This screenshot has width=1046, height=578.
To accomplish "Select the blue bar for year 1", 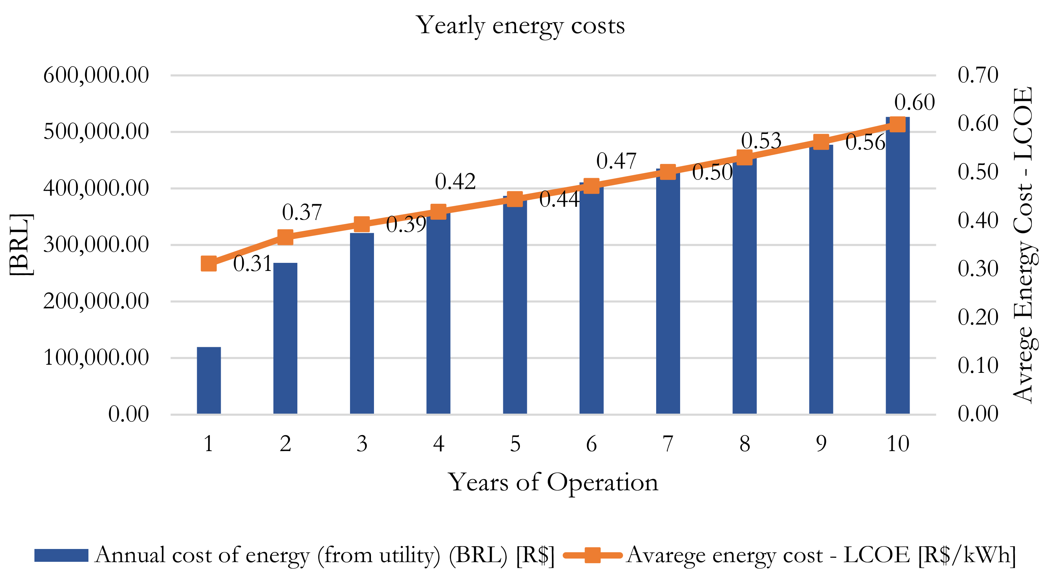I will (x=209, y=380).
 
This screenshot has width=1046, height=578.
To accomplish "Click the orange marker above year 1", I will (x=209, y=264).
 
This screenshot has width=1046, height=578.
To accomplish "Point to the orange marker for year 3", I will (x=362, y=224).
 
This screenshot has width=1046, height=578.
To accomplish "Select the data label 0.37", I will (x=302, y=212).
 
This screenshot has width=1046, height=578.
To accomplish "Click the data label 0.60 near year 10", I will (x=914, y=102).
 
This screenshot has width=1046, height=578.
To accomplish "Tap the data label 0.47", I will (x=616, y=161).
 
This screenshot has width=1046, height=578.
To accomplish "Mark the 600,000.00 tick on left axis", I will (x=96, y=75).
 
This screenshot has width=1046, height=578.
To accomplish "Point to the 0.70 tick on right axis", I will (x=978, y=75).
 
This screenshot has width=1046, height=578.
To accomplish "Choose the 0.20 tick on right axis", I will (x=978, y=317).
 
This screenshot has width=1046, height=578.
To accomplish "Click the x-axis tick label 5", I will (x=515, y=444).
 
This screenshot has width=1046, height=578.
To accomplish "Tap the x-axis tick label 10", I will (x=897, y=444).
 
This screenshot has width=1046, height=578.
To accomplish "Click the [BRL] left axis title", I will (x=20, y=245).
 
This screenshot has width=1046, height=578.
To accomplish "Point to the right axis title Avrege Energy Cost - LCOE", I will (x=1023, y=245).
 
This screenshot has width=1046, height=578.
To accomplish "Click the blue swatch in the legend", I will (x=61, y=555).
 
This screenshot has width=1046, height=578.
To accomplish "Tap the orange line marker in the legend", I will (x=592, y=555).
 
